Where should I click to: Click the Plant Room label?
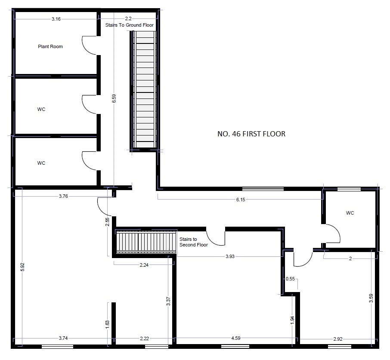[50, 46]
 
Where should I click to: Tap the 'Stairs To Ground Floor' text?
[129, 25]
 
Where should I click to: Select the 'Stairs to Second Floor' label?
[194, 242]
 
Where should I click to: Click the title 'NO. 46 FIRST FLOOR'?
[251, 134]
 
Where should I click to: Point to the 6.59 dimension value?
[114, 98]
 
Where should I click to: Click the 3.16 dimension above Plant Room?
[56, 19]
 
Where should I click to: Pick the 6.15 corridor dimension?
[241, 200]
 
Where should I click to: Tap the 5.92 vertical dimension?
[22, 267]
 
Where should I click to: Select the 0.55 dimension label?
[290, 279]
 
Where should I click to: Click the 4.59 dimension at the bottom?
[236, 338]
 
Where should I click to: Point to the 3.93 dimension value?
[230, 256]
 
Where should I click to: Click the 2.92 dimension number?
[338, 339]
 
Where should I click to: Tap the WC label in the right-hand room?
[350, 213]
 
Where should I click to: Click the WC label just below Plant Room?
[41, 109]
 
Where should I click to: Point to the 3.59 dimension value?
[371, 298]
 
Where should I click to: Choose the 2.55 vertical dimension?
[107, 222]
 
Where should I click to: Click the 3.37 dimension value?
[168, 302]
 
